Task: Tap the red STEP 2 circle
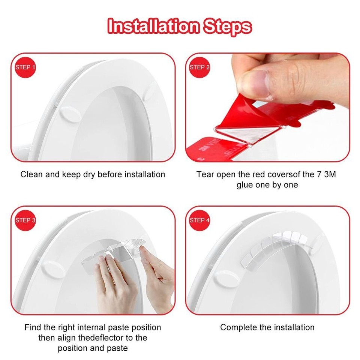click(x=199, y=67)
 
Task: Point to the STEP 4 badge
click(x=199, y=220)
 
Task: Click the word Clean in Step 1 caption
click(x=31, y=174)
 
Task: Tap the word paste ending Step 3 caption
click(x=117, y=348)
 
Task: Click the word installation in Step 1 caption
click(x=144, y=174)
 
